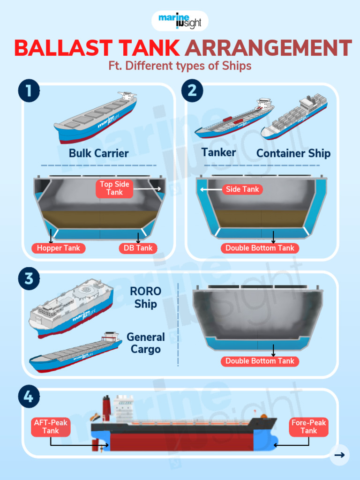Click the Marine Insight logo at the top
click(x=180, y=21)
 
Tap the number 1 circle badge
click(x=29, y=90)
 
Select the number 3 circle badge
click(x=29, y=278)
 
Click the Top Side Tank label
click(x=114, y=188)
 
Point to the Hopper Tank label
click(x=59, y=248)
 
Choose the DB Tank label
click(x=138, y=248)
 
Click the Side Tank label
click(x=242, y=189)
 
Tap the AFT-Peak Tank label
click(x=51, y=427)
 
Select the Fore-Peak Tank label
click(x=308, y=427)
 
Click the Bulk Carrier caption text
click(x=98, y=153)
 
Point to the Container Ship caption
click(x=293, y=153)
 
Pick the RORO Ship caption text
click(x=145, y=297)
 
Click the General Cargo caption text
click(x=146, y=343)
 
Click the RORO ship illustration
click(x=70, y=307)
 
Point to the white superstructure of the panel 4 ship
click(x=124, y=409)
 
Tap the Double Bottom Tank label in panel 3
click(x=260, y=361)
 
